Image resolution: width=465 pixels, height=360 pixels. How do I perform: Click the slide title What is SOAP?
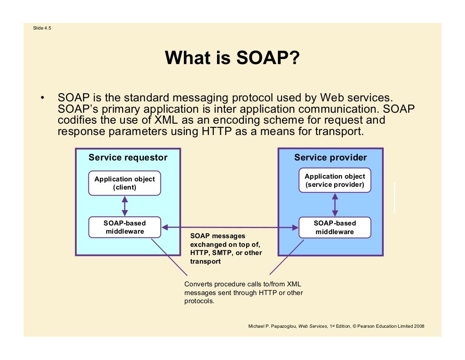click(232, 58)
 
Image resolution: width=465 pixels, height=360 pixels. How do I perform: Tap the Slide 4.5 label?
click(42, 28)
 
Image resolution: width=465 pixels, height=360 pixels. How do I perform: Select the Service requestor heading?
click(128, 158)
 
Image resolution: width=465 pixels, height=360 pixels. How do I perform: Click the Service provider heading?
click(330, 158)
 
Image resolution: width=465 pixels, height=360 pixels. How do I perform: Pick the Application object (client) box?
click(124, 183)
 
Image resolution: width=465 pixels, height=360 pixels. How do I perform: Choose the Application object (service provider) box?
click(335, 180)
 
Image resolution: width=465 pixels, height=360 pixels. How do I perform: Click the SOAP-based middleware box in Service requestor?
click(124, 227)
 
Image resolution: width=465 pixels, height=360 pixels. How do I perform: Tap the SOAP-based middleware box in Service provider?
click(335, 227)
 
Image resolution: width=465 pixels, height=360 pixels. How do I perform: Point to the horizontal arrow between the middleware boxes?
click(230, 227)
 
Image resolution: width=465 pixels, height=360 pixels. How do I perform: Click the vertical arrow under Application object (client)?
click(125, 206)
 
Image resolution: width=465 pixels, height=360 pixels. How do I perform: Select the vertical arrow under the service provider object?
click(335, 205)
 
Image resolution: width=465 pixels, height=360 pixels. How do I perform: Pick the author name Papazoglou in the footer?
click(281, 326)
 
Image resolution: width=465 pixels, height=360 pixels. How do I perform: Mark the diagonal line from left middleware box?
click(169, 257)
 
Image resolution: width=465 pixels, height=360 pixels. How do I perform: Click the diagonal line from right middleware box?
click(286, 257)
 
